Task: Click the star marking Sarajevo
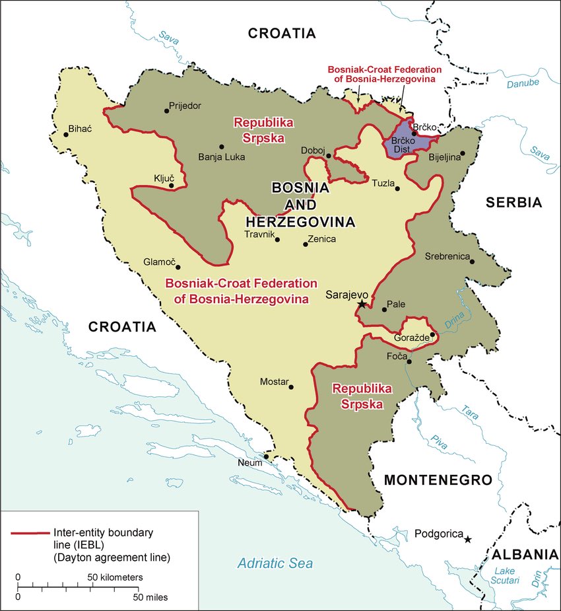click(x=362, y=304)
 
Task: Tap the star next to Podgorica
click(x=468, y=539)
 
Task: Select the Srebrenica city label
click(x=447, y=256)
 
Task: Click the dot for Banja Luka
click(x=222, y=147)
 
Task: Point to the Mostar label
click(x=274, y=382)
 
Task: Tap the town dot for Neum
click(x=266, y=456)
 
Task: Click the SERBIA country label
click(x=513, y=203)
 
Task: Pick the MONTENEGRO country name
click(x=438, y=480)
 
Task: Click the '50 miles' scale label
click(x=151, y=597)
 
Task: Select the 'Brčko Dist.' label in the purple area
click(x=403, y=145)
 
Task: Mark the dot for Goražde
click(x=432, y=335)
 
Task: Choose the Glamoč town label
click(x=160, y=262)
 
